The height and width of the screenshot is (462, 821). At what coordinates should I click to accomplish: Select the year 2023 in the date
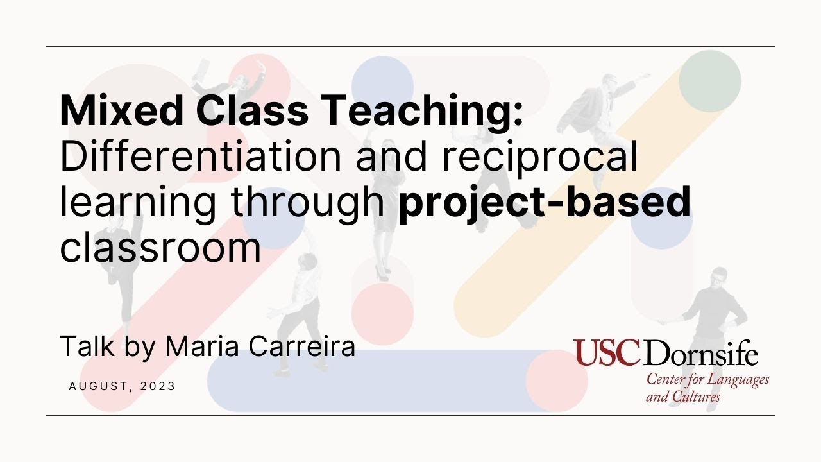158,386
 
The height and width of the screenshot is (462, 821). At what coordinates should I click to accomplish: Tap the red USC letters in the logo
606,353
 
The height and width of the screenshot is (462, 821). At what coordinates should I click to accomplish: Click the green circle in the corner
709,81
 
